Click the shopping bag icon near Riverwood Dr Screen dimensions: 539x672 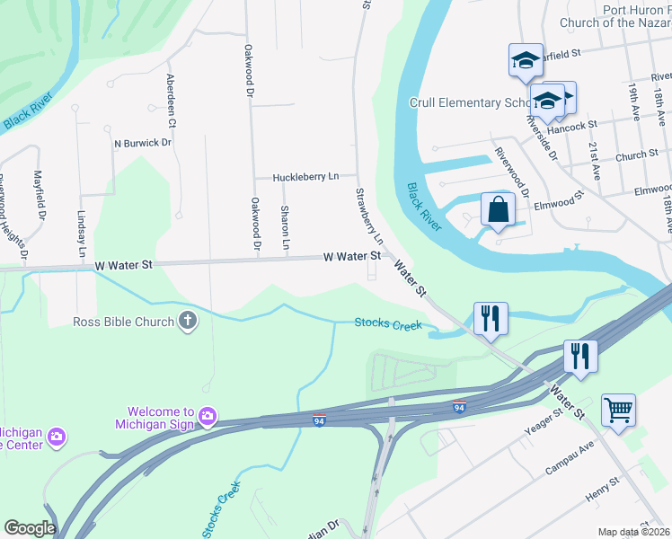point(498,210)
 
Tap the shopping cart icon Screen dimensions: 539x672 point(618,410)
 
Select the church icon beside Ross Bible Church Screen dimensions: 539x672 point(188,321)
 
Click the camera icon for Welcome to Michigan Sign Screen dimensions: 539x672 point(208,415)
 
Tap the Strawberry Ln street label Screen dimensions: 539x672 point(368,216)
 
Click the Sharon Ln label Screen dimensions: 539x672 point(285,227)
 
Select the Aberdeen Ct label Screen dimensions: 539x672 point(170,100)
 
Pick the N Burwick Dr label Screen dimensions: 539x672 point(142,143)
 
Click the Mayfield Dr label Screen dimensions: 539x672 point(40,197)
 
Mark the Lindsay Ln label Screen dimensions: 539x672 point(82,232)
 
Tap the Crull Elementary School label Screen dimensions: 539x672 point(467,103)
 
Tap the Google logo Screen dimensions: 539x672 point(29,528)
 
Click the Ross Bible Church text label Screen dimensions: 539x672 point(125,321)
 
